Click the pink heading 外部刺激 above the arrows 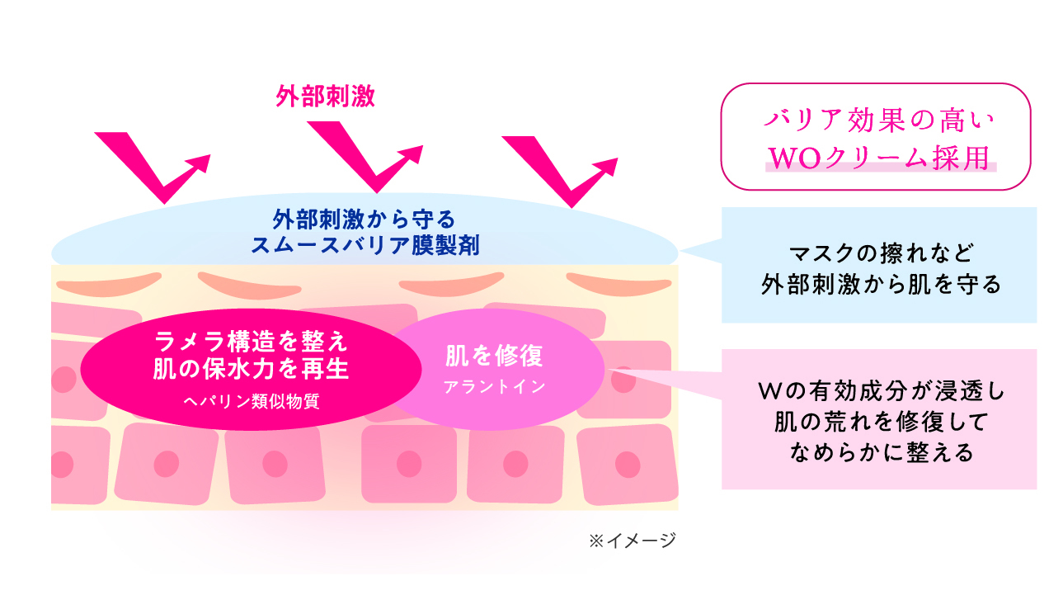pyautogui.click(x=325, y=97)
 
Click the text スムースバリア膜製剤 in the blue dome pyautogui.click(x=365, y=245)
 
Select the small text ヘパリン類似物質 pyautogui.click(x=251, y=402)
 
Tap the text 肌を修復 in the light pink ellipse pyautogui.click(x=494, y=356)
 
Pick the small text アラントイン pyautogui.click(x=494, y=387)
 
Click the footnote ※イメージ pyautogui.click(x=633, y=541)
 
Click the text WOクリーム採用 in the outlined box pyautogui.click(x=879, y=158)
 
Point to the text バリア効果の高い pyautogui.click(x=879, y=120)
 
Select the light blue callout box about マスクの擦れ pyautogui.click(x=879, y=265)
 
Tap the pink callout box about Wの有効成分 pyautogui.click(x=879, y=419)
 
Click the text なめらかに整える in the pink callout pyautogui.click(x=882, y=452)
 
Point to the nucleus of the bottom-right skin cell pyautogui.click(x=628, y=464)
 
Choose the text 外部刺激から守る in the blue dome pyautogui.click(x=365, y=220)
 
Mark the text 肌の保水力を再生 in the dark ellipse pyautogui.click(x=251, y=369)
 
